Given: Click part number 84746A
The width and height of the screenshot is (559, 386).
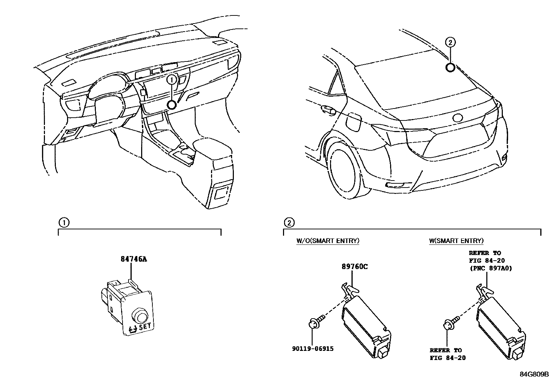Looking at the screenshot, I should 133,259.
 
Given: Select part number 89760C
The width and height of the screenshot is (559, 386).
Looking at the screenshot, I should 355,266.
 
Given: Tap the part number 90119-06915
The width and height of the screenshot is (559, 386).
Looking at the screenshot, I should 313,349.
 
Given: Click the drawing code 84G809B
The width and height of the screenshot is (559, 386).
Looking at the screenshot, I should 534,374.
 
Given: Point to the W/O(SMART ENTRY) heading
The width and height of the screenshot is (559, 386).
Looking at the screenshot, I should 328,241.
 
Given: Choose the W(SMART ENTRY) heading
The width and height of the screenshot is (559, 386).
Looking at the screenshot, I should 456,241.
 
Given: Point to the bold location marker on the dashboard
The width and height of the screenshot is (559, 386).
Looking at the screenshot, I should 172,105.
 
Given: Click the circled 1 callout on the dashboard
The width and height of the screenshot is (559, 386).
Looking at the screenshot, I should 172,80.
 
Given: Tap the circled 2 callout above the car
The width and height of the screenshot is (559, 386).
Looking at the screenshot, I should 451,42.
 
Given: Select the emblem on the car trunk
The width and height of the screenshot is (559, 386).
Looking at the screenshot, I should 459,118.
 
